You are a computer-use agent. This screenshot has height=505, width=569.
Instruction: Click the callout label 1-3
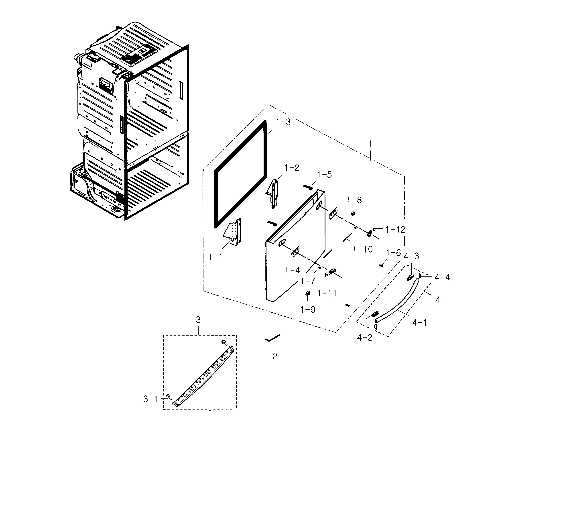[283, 122]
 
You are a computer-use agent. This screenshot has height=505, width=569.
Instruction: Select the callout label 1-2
[291, 168]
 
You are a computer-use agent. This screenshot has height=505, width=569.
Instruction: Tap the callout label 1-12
[395, 230]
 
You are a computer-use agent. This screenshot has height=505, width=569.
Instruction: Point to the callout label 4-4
[442, 277]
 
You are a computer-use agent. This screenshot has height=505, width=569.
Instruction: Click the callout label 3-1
[150, 399]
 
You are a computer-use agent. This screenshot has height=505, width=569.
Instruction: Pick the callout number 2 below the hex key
[275, 356]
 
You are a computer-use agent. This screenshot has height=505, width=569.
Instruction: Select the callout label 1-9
[308, 310]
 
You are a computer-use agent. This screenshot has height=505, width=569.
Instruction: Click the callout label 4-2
[365, 338]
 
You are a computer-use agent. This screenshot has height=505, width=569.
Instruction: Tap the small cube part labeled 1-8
[354, 213]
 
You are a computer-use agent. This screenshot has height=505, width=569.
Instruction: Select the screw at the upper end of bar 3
[224, 342]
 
